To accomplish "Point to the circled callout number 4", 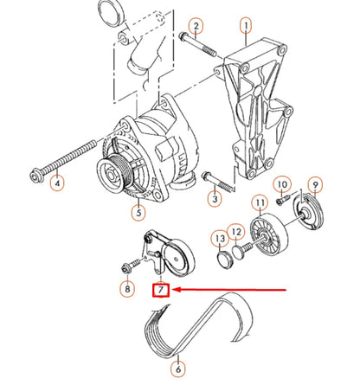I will point(58,183).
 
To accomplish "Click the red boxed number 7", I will point(160,292).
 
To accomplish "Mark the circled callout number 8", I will point(128,289).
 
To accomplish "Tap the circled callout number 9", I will point(316,184).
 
